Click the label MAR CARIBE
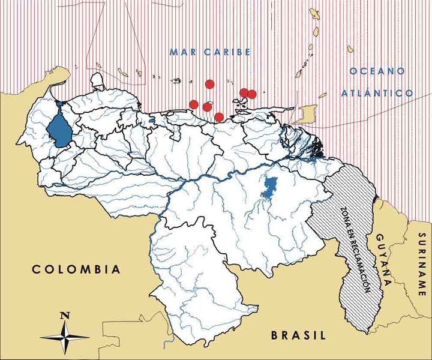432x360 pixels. [x=209, y=52]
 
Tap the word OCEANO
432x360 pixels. [x=377, y=71]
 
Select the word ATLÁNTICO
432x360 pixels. [x=376, y=94]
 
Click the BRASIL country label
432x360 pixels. [x=298, y=335]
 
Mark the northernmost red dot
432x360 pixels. [x=209, y=84]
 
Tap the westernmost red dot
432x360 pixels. [x=193, y=104]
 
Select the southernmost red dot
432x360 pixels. [x=219, y=116]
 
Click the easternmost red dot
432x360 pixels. [x=252, y=94]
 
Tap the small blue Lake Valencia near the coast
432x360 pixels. [x=152, y=119]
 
